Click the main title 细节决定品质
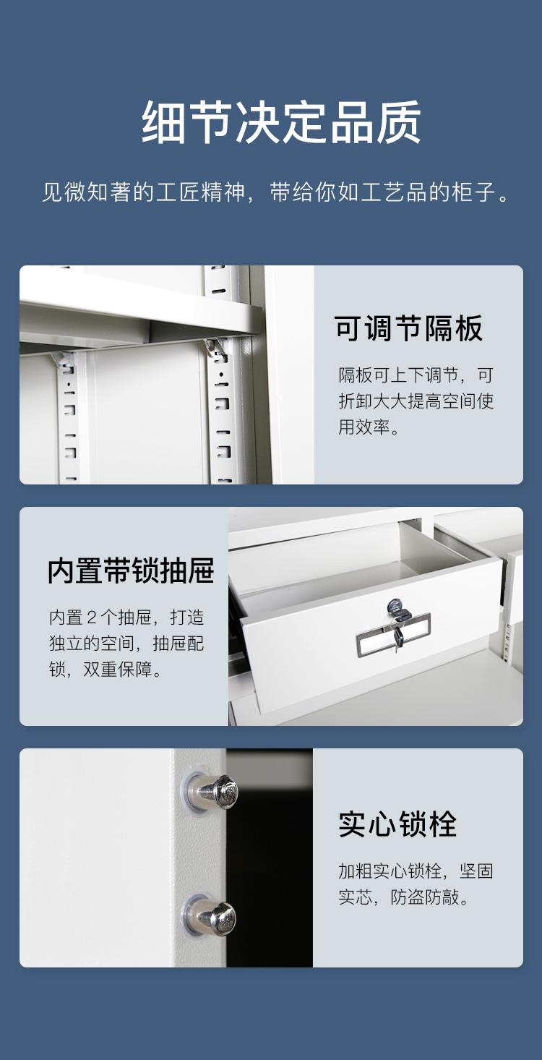281,121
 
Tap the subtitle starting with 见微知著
276,192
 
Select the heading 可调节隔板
408,328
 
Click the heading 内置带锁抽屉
131,570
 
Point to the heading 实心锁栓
397,824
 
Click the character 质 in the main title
400,121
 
